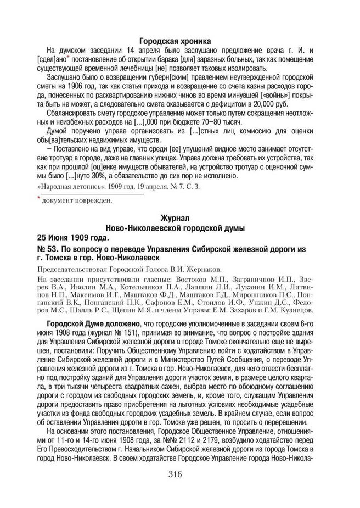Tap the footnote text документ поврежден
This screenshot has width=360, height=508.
tap(77, 200)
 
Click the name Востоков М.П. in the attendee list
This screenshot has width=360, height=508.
tap(182, 280)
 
